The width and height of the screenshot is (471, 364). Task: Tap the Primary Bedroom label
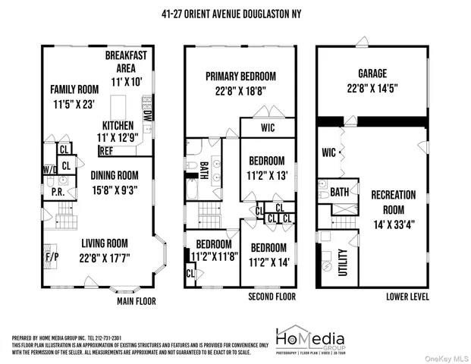click(240, 77)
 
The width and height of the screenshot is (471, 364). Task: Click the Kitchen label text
click(118, 125)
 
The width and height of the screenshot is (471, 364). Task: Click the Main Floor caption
click(136, 301)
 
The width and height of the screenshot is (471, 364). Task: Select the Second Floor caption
click(270, 297)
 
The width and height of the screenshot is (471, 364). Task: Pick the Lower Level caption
click(408, 297)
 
